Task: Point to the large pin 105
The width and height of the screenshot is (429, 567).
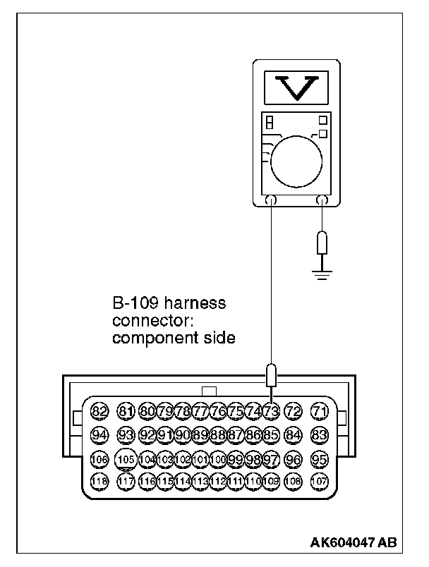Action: click(x=126, y=459)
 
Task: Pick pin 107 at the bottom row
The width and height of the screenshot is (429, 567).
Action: click(x=320, y=482)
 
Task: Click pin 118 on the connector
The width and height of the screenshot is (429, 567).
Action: click(x=99, y=482)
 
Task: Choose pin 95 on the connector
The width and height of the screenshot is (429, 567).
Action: click(x=320, y=459)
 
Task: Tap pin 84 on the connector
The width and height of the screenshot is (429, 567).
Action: click(x=294, y=435)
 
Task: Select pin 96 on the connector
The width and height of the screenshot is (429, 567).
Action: click(x=294, y=459)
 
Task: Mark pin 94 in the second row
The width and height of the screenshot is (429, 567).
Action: click(x=99, y=435)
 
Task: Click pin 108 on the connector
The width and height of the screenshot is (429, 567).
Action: click(x=294, y=482)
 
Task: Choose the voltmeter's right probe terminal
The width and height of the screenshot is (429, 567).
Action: click(x=323, y=201)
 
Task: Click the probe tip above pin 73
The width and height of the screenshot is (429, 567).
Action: click(x=271, y=374)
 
